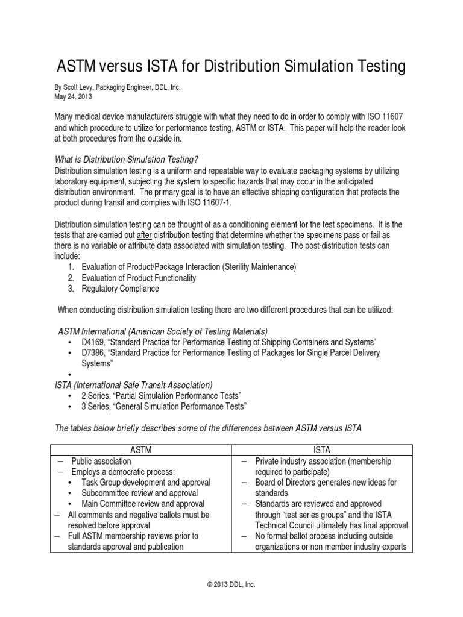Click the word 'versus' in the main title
pyautogui.click(x=125, y=66)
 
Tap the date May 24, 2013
pyautogui.click(x=73, y=96)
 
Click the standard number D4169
pyautogui.click(x=95, y=342)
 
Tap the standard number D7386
pyautogui.click(x=95, y=352)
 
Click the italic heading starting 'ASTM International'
pyautogui.click(x=163, y=331)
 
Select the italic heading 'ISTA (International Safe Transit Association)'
pyautogui.click(x=133, y=385)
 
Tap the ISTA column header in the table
pyautogui.click(x=323, y=449)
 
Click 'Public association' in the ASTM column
pyautogui.click(x=101, y=461)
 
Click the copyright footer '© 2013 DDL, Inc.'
pyautogui.click(x=231, y=584)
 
